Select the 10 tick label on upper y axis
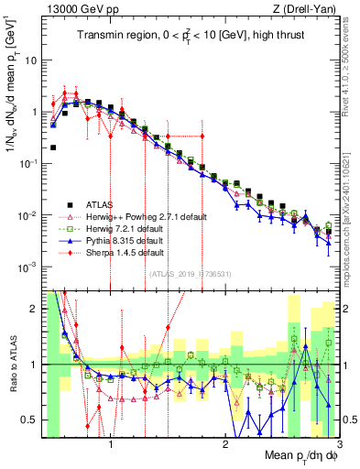[x=29, y=60]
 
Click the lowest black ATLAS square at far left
[x=54, y=147]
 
